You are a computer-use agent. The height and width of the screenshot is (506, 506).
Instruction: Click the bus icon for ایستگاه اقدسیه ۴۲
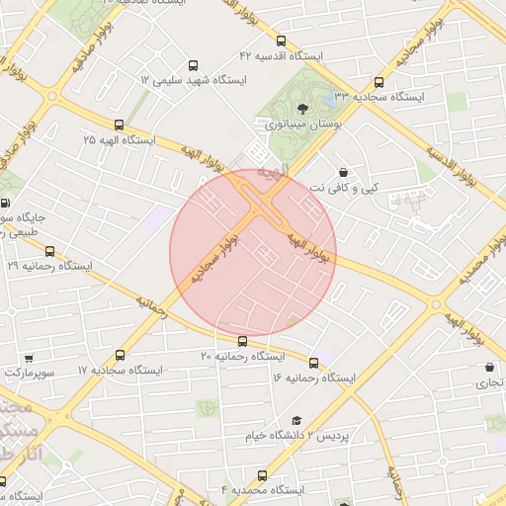[x=282, y=42]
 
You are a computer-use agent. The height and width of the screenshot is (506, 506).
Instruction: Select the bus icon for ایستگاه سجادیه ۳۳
[x=379, y=83]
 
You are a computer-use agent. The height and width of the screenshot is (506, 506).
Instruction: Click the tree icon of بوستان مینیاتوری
[x=301, y=110]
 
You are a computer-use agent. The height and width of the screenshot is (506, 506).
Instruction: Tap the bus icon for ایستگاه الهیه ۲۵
[x=120, y=125]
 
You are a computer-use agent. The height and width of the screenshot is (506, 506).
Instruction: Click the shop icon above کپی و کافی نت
[x=343, y=172]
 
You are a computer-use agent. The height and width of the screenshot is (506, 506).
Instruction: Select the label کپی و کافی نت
[x=345, y=187]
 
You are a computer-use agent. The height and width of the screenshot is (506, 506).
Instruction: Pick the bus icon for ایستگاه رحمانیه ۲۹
[x=50, y=251]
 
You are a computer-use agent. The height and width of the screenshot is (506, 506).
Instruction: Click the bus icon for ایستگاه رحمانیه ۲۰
[x=243, y=341]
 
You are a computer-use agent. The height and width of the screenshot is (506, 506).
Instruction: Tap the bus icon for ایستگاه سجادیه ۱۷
[x=121, y=355]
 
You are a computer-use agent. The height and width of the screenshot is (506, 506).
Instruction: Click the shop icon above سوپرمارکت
[x=29, y=358]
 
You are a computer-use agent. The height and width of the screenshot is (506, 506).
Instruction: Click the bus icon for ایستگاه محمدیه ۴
[x=262, y=475]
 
